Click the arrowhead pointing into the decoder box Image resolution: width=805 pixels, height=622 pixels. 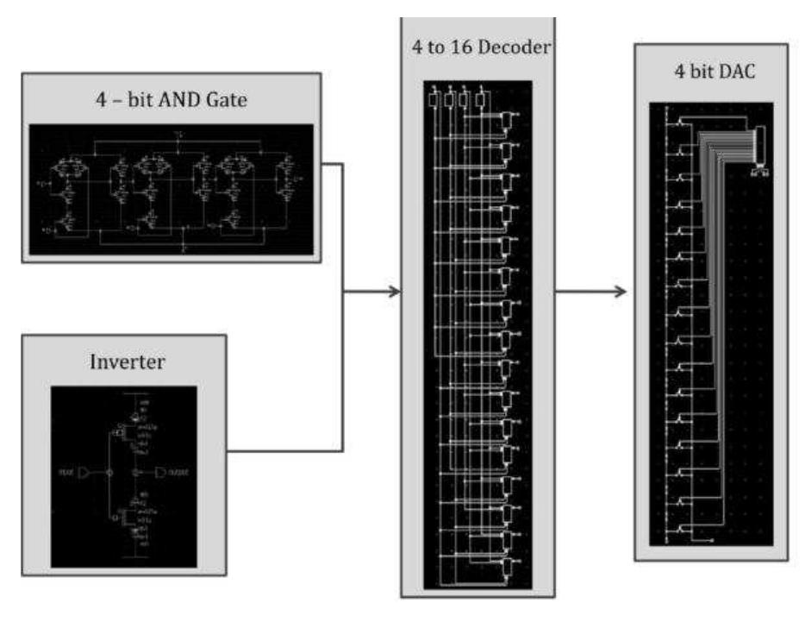(x=396, y=292)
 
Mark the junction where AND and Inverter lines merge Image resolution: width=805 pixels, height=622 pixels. (x=345, y=292)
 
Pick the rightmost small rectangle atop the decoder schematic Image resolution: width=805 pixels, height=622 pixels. (x=480, y=99)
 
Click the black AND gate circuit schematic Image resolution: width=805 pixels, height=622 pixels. (x=172, y=189)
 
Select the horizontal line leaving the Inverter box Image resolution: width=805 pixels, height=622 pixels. (x=284, y=450)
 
